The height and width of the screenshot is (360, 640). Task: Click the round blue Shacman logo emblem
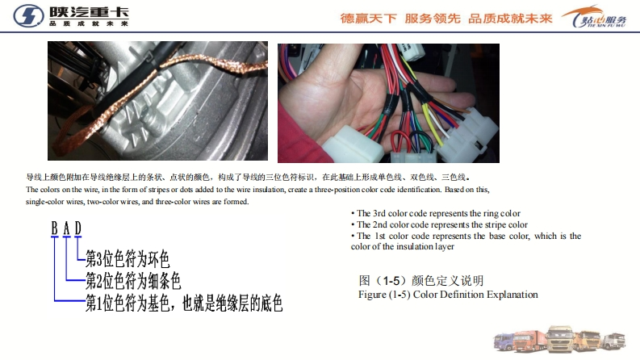pyautogui.click(x=28, y=16)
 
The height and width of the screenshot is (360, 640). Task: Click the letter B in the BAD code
pyautogui.click(x=54, y=228)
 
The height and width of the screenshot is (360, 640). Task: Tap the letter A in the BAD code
pyautogui.click(x=66, y=228)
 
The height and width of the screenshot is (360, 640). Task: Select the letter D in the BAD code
pyautogui.click(x=78, y=228)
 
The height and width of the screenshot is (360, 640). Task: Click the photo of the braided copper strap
pyautogui.click(x=157, y=100)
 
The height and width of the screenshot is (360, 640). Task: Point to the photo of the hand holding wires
pyautogui.click(x=388, y=103)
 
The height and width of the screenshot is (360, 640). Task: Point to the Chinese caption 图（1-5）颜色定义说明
pyautogui.click(x=421, y=280)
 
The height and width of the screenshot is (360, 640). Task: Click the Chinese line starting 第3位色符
pyautogui.click(x=127, y=258)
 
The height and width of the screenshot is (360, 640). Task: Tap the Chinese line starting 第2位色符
pyautogui.click(x=133, y=280)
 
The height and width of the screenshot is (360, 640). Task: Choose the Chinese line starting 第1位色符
pyautogui.click(x=184, y=303)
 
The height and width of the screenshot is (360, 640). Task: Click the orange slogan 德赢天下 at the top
pyautogui.click(x=369, y=19)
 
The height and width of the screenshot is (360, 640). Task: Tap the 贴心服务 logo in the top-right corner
pyautogui.click(x=594, y=17)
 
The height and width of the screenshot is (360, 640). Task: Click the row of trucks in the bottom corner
pyautogui.click(x=559, y=339)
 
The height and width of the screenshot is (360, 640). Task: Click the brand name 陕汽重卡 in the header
pyautogui.click(x=89, y=12)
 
